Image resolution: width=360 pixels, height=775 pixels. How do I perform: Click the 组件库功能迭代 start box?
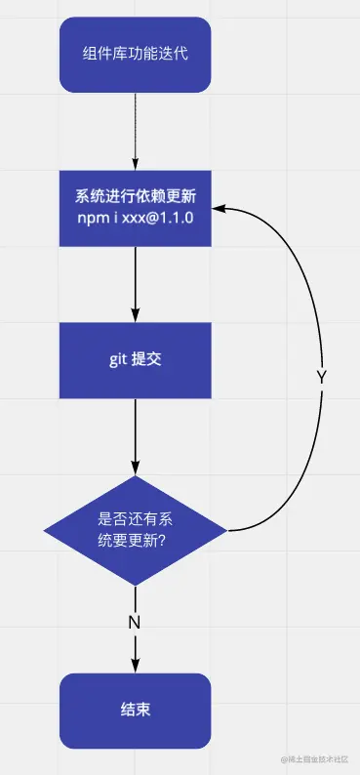point(135,55)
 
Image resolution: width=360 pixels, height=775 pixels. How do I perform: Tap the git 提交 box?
point(135,360)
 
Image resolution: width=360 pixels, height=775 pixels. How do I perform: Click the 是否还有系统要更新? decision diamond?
point(135,530)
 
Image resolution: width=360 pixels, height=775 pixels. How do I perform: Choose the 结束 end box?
point(135,710)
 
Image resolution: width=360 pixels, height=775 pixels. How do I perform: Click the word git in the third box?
point(118,360)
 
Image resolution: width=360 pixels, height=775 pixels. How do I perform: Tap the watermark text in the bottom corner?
point(318,760)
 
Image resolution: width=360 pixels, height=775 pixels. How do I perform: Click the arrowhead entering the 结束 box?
point(135,667)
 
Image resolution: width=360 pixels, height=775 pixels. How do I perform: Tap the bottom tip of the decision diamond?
point(135,584)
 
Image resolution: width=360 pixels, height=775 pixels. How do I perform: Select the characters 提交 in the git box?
point(147,360)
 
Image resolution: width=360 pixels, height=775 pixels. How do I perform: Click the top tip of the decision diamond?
point(135,477)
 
